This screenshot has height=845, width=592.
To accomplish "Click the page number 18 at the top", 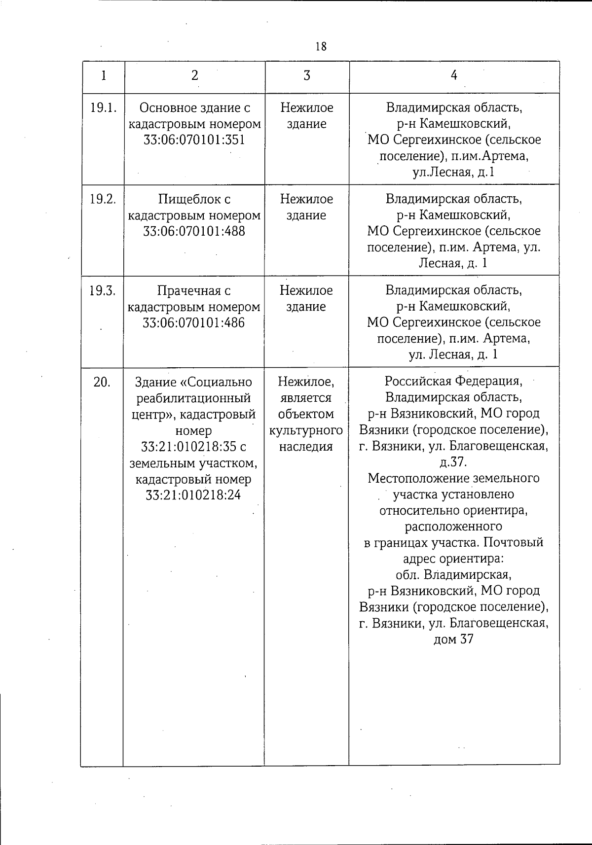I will (x=321, y=46).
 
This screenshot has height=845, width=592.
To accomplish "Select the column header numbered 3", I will (x=307, y=75).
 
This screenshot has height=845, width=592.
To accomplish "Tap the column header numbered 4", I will (x=454, y=75).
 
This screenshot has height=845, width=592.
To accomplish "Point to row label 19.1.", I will (x=104, y=108).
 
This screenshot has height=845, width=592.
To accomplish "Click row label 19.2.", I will (x=103, y=199).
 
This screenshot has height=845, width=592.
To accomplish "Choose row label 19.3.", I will (x=103, y=291).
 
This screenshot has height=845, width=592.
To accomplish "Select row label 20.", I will (x=102, y=382).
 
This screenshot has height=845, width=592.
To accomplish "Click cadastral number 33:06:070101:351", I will (x=194, y=140).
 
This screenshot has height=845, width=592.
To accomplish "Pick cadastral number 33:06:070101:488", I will (x=194, y=231).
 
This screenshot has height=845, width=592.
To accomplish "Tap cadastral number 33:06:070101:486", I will (x=194, y=323).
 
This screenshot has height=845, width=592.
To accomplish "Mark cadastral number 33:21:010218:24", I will (x=193, y=495).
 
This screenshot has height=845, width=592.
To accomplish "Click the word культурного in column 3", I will (x=306, y=430).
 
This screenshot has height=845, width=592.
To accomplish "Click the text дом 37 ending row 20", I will (x=453, y=639).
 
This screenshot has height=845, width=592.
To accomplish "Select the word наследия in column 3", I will (x=306, y=447).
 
